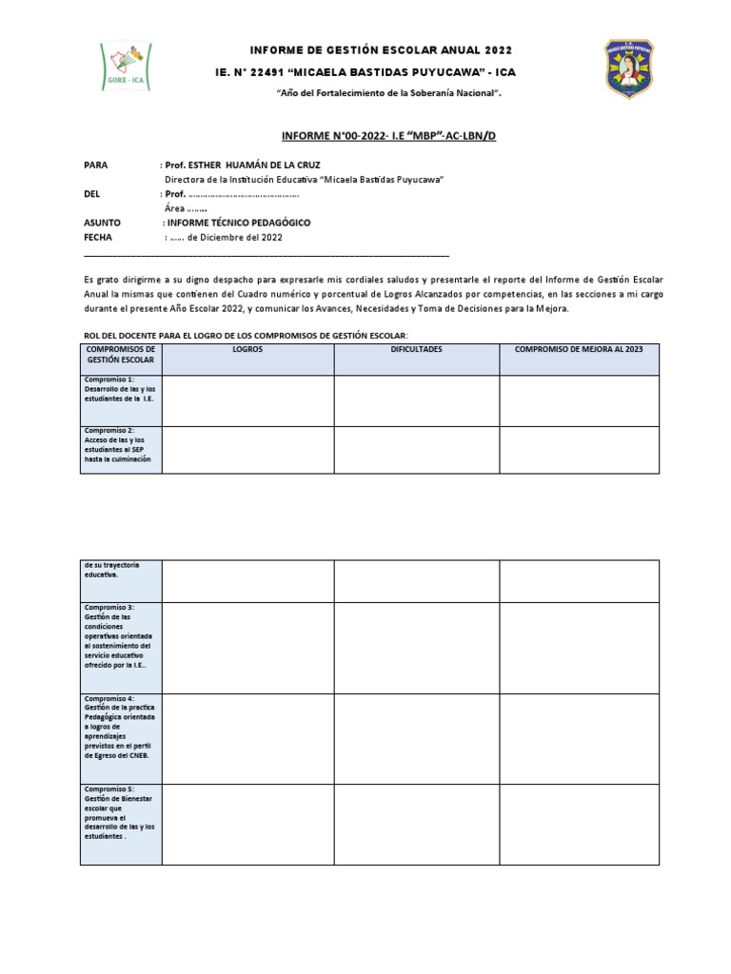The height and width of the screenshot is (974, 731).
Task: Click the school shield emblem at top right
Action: [630, 68]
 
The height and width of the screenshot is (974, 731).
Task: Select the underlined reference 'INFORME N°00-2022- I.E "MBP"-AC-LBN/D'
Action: [388, 137]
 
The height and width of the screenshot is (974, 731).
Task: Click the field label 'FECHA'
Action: [99, 237]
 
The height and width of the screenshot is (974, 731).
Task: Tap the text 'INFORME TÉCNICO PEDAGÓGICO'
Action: [239, 222]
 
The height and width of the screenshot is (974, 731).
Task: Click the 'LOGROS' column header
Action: [247, 350]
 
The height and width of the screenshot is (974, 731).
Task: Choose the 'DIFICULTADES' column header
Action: [416, 350]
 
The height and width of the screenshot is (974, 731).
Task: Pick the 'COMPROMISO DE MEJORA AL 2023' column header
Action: [579, 350]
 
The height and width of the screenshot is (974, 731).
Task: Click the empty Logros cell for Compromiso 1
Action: [247, 400]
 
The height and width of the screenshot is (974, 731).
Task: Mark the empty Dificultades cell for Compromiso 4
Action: [416, 739]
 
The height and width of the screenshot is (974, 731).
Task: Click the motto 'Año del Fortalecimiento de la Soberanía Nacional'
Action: [387, 93]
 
